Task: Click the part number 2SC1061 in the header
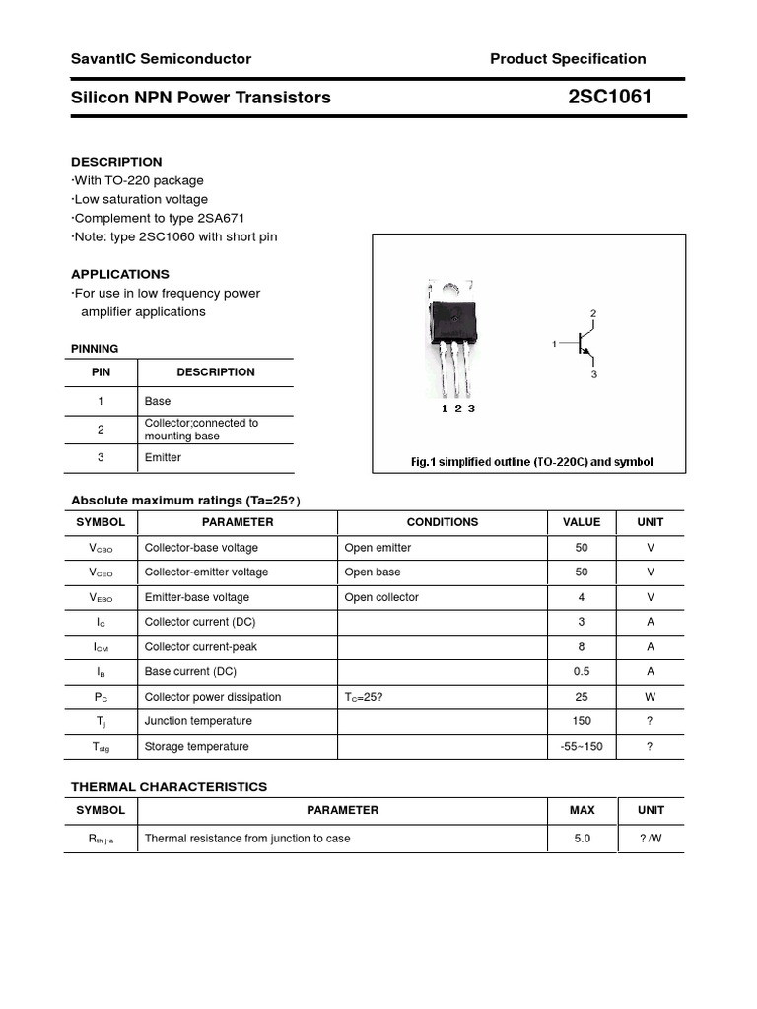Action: (609, 97)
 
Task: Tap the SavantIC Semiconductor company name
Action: (161, 59)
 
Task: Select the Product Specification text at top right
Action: (568, 59)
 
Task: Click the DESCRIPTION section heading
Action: (116, 162)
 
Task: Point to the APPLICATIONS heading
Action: (120, 274)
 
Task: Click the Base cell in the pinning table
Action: (158, 401)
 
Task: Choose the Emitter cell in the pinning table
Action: (163, 458)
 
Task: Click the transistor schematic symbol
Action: (584, 345)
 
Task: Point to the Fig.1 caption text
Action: (531, 462)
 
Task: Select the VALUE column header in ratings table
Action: (582, 522)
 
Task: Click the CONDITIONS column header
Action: (443, 522)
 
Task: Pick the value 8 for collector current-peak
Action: (582, 647)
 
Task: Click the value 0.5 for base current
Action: (582, 672)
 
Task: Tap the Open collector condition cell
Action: (381, 597)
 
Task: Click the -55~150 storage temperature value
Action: (582, 747)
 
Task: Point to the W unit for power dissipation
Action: (651, 697)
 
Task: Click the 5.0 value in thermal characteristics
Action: (582, 839)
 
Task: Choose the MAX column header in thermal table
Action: (582, 810)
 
